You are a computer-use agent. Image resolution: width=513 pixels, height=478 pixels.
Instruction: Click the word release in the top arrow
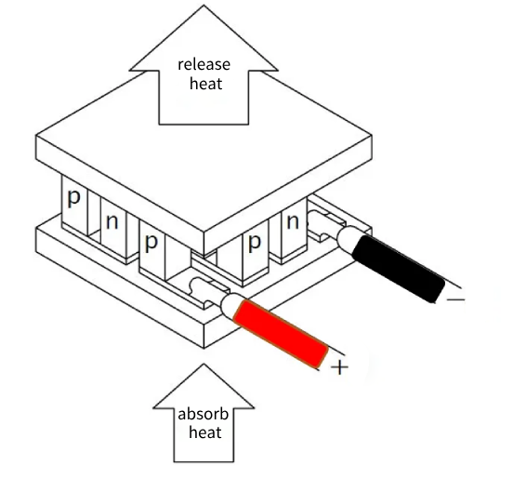[x=204, y=64]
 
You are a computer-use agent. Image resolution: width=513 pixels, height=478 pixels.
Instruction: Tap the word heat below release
[x=205, y=84]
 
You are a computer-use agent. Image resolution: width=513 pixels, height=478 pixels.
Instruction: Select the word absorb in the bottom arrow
[x=203, y=414]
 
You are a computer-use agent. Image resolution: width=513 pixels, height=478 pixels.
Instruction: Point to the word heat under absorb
[x=205, y=432]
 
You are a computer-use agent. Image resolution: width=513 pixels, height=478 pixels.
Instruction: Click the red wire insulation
[x=281, y=333]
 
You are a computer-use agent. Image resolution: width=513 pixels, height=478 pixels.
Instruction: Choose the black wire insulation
[x=399, y=269]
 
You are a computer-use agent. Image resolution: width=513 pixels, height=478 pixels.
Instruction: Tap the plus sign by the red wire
[x=339, y=367]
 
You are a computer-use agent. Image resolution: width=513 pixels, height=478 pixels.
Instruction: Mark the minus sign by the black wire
[x=455, y=299]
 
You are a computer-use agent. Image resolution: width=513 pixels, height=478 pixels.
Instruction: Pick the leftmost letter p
[x=73, y=198]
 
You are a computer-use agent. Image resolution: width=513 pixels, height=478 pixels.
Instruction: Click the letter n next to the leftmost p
[x=112, y=222]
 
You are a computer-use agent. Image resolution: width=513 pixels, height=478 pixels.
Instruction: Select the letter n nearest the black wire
[x=293, y=222]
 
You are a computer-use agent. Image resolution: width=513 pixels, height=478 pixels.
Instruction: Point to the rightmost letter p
[x=255, y=243]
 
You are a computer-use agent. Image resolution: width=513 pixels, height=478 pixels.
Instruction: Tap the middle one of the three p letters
[x=151, y=243]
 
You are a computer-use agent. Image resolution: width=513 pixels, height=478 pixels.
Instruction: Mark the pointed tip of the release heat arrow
[x=204, y=6]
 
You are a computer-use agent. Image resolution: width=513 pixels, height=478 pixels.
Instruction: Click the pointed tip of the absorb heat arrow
[x=204, y=364]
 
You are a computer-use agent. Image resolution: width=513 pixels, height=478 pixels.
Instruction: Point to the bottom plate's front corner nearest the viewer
[x=204, y=349]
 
